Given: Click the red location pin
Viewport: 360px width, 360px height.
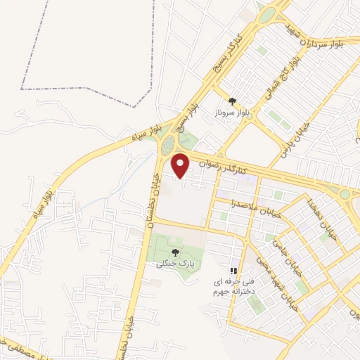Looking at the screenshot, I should pyautogui.click(x=181, y=166).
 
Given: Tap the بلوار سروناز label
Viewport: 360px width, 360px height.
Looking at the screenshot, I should pyautogui.click(x=234, y=113).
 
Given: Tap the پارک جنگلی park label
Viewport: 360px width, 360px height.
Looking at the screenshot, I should pyautogui.click(x=173, y=263).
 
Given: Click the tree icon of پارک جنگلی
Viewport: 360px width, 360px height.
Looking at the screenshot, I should pyautogui.click(x=174, y=252).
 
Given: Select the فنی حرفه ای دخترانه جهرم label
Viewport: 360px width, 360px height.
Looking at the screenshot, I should pyautogui.click(x=232, y=285).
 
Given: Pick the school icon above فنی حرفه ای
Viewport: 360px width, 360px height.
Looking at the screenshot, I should pyautogui.click(x=234, y=271).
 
